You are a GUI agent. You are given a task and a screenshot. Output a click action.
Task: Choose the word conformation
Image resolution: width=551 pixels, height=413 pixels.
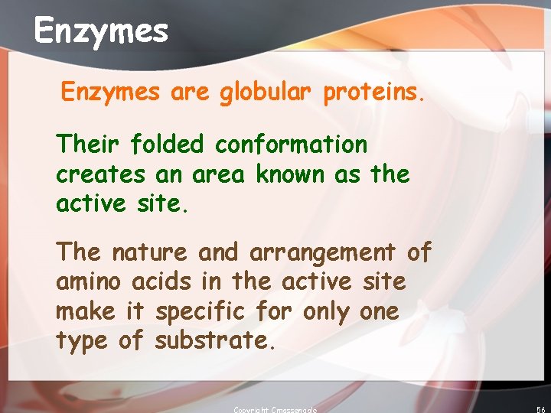(291, 144)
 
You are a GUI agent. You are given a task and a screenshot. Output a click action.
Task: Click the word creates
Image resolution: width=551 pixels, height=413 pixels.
(100, 174)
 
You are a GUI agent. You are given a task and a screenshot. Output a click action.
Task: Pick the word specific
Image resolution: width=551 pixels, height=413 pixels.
(201, 312)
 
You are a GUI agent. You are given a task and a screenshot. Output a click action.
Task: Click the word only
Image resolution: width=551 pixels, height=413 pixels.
(329, 312)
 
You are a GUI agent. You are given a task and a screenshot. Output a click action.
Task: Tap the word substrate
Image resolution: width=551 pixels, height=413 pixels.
(214, 342)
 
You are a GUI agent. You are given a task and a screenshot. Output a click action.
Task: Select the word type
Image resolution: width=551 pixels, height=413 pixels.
(82, 342)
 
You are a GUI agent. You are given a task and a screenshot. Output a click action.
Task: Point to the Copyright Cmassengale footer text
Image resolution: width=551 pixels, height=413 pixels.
(275, 409)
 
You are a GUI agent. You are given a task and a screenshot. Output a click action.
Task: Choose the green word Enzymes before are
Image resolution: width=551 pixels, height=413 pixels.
(111, 93)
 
